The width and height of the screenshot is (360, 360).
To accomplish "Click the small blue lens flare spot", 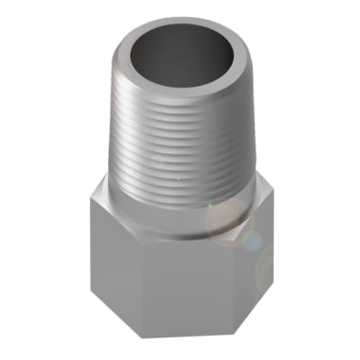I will coord(255,241).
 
